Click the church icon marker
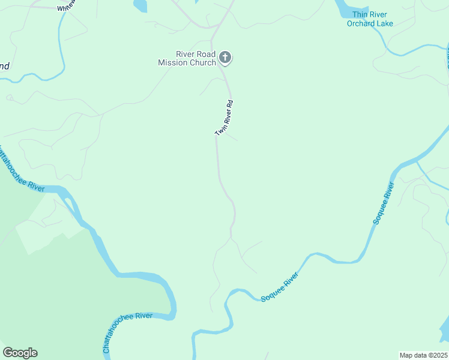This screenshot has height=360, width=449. [x=225, y=58]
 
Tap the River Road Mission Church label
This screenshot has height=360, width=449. [x=187, y=58]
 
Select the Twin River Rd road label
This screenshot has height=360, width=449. [x=224, y=118]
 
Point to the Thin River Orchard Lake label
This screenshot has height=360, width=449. [x=370, y=19]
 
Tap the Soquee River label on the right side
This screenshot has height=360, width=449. [x=384, y=202]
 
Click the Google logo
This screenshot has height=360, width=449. [x=20, y=353]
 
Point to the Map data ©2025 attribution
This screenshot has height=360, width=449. [x=423, y=355]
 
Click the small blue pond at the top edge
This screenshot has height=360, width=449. [x=139, y=5]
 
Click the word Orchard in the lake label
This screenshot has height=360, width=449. [x=360, y=23]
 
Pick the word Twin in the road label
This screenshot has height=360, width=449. [x=220, y=129]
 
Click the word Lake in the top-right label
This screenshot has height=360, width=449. [x=384, y=23]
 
